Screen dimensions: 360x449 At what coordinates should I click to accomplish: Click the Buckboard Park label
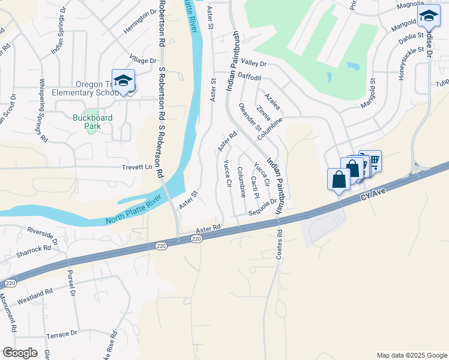click(92, 118)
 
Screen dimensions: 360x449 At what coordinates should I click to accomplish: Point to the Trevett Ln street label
click(138, 167)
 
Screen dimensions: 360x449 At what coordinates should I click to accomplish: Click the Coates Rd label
click(279, 244)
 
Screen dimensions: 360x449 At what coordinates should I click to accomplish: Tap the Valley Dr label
click(253, 63)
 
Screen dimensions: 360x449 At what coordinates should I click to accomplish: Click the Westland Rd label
click(35, 295)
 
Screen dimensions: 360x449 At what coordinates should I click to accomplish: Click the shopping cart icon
click(373, 160)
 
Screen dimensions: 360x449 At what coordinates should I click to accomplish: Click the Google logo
click(20, 353)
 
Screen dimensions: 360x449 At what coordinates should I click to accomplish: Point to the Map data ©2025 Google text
click(411, 355)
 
